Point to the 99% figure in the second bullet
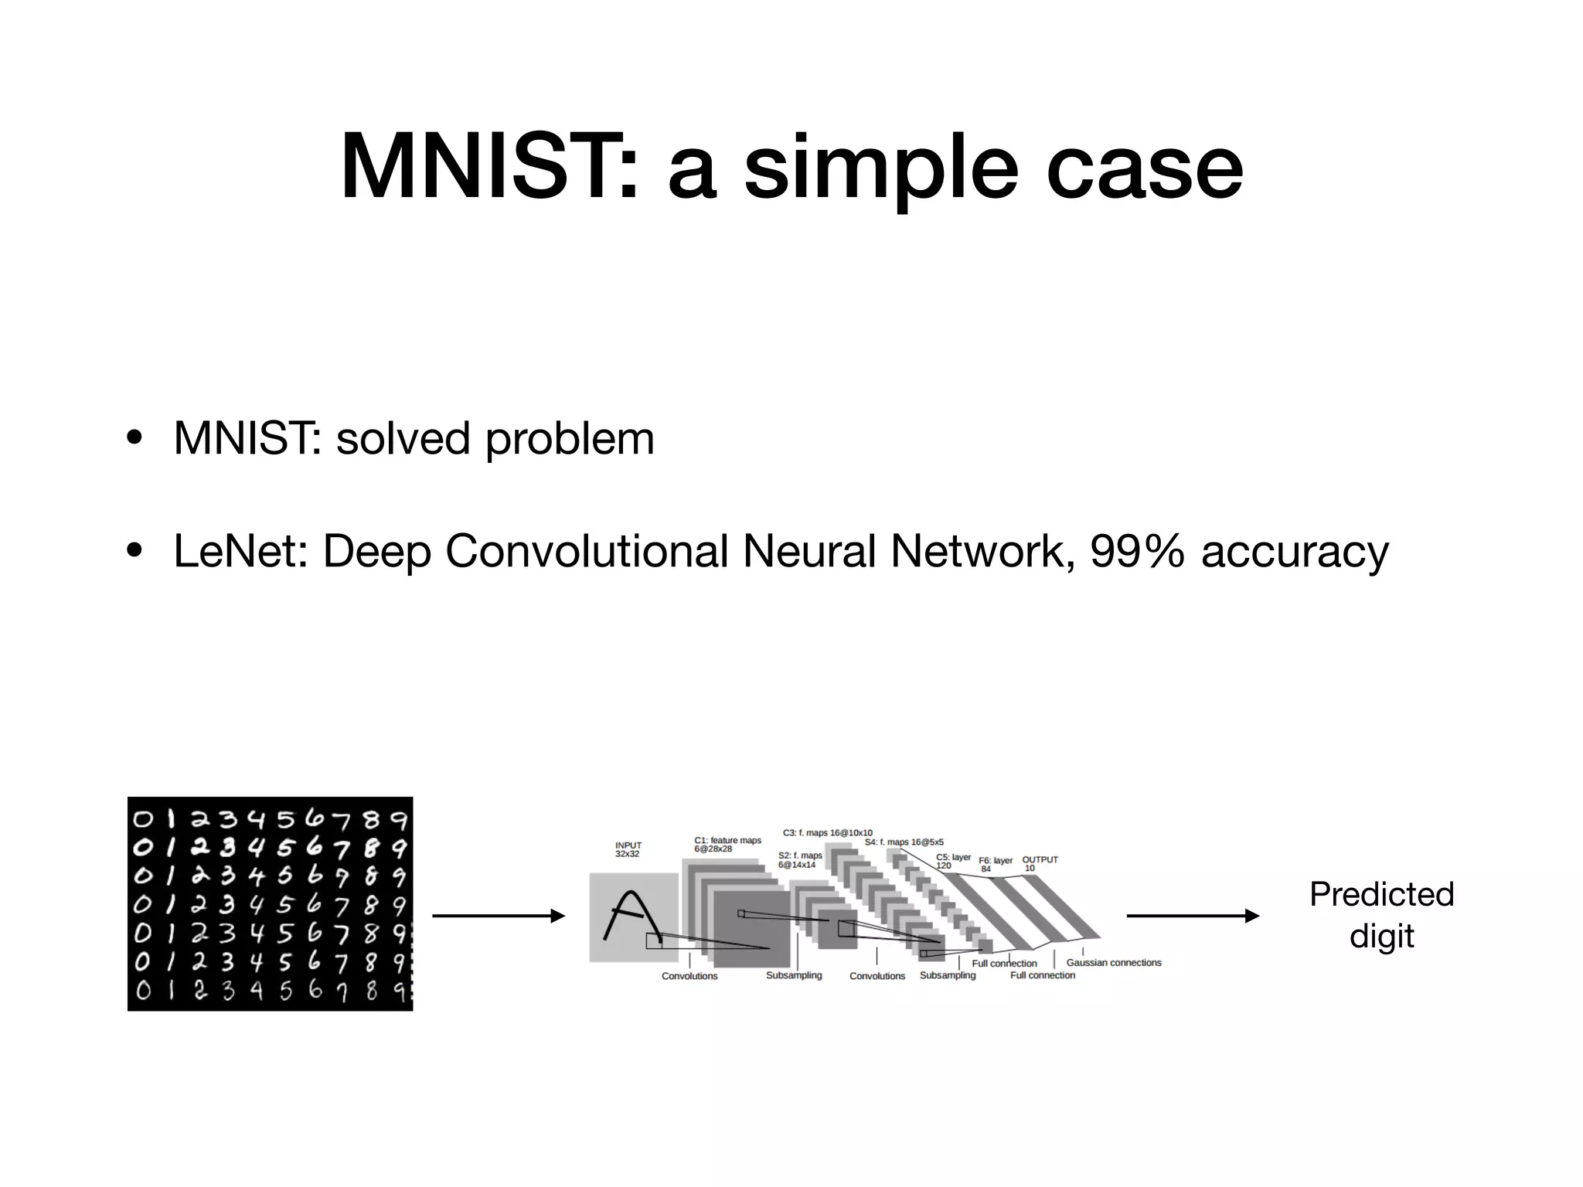click(x=1137, y=552)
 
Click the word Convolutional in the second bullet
click(x=587, y=552)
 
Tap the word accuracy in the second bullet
click(x=1295, y=553)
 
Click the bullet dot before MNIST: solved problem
click(x=134, y=439)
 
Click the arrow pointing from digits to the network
click(x=499, y=917)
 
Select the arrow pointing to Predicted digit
click(x=1193, y=917)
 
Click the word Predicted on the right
click(x=1381, y=895)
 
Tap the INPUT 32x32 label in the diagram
click(x=628, y=849)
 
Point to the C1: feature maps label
click(x=727, y=844)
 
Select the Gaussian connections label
click(x=1114, y=963)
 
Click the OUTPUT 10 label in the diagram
click(x=1040, y=863)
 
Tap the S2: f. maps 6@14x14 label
click(x=800, y=860)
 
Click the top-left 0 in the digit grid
click(x=144, y=820)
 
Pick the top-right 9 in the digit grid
click(x=399, y=820)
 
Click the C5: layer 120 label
click(x=953, y=861)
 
